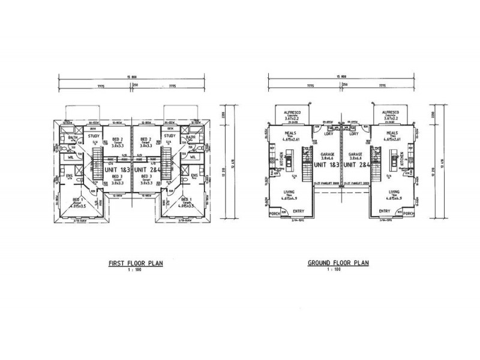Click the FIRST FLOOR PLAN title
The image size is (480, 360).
coord(135,263)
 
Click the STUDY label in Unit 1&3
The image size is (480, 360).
coord(93,136)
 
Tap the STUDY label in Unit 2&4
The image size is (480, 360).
coord(170,136)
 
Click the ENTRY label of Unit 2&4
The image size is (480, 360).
coord(385,211)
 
